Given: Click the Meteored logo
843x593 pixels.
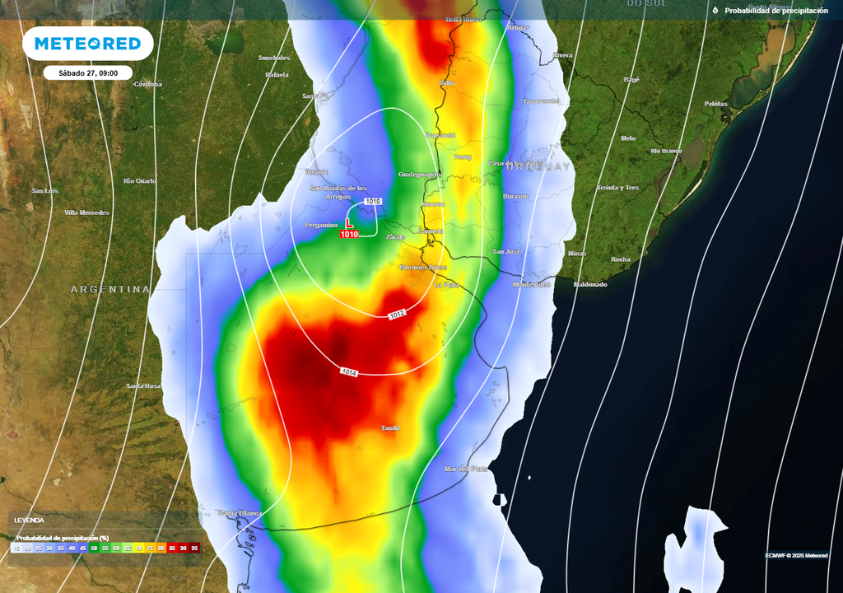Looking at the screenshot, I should [x=87, y=43].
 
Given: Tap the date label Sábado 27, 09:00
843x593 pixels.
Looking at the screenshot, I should [x=88, y=72].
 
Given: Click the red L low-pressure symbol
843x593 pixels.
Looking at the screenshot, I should [x=349, y=223].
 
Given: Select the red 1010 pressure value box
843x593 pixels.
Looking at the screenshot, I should [x=349, y=235].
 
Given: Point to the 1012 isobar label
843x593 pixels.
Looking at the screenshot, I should [x=398, y=315].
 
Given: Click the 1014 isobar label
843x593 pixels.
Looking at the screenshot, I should [x=349, y=372].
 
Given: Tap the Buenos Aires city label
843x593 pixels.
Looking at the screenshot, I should [x=423, y=268].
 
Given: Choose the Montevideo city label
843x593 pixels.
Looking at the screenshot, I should [x=531, y=284].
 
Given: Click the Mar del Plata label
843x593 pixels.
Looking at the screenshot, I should [x=466, y=469].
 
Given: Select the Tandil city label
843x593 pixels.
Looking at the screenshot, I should [x=391, y=428].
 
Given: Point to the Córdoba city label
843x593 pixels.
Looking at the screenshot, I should [x=148, y=84].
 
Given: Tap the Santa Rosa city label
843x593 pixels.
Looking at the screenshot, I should [x=143, y=385].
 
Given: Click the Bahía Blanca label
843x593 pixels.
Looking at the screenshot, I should [x=240, y=513].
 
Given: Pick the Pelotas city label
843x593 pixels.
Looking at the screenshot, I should [x=715, y=104].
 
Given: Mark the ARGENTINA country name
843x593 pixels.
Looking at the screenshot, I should [x=110, y=289].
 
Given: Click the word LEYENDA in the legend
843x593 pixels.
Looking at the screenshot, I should [x=29, y=521].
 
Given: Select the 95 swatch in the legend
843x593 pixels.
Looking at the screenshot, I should [x=195, y=548].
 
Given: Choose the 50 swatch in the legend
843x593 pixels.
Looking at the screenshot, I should [x=94, y=548].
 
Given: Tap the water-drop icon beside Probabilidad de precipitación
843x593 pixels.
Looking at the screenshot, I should [x=715, y=11].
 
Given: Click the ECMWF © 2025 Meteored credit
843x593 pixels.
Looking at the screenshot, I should [x=796, y=555].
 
